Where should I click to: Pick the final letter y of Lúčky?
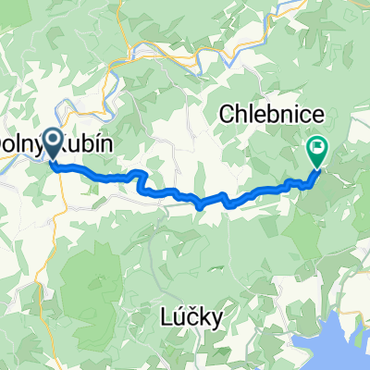(217, 322)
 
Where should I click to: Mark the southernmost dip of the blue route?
(201, 207)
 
